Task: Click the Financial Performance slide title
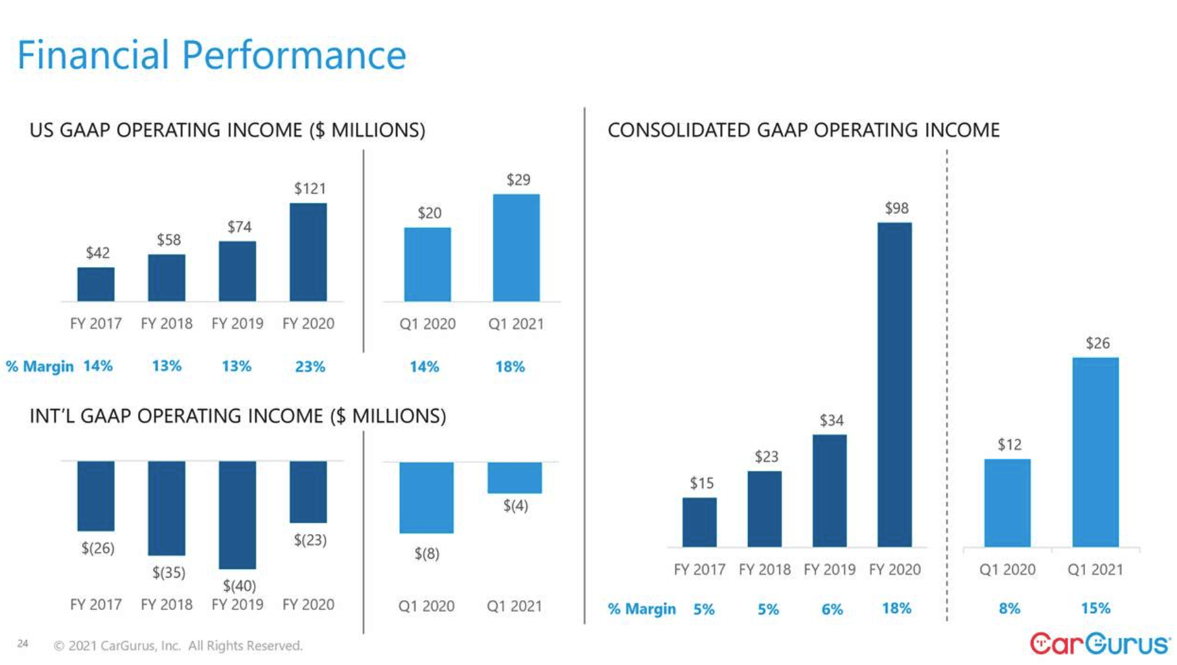point(211,55)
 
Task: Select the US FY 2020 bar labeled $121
point(308,252)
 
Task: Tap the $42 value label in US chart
point(98,253)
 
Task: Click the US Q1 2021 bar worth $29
point(516,248)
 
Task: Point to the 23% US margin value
point(310,367)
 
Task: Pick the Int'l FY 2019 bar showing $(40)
point(237,515)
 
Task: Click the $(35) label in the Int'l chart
point(169,572)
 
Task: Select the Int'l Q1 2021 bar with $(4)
point(515,478)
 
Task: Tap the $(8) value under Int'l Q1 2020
point(426,554)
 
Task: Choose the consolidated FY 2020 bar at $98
point(894,385)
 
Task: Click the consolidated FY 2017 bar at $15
point(699,522)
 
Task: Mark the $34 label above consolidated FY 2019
point(832,421)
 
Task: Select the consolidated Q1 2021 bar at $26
point(1095,452)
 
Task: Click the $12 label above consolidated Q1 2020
point(1009,445)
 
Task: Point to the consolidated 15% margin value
point(1095,609)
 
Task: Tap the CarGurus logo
point(1100,644)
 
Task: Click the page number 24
point(23,644)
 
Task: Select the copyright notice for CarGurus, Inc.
point(178,646)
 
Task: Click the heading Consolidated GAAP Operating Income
point(804,130)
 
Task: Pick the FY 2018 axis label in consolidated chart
point(765,570)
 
